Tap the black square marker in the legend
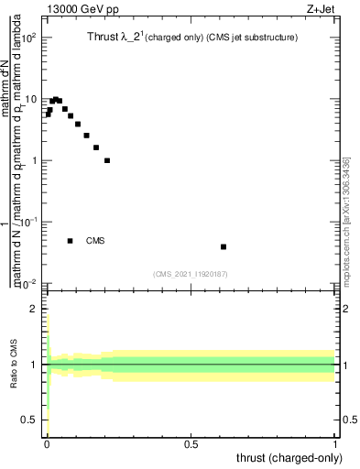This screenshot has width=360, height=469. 70,241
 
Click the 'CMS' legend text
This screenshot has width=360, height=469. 96,241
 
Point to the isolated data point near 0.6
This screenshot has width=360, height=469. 224,246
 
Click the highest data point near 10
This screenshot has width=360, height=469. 56,99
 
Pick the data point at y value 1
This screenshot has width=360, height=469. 107,160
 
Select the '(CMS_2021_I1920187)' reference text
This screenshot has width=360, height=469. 191,273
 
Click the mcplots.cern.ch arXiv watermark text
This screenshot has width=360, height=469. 346,220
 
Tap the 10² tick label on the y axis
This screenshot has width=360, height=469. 30,38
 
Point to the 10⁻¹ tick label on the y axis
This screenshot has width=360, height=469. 30,222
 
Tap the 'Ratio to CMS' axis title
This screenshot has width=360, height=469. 13,365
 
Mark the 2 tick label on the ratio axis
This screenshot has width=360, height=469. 34,309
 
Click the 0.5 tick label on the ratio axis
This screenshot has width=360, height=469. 29,420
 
